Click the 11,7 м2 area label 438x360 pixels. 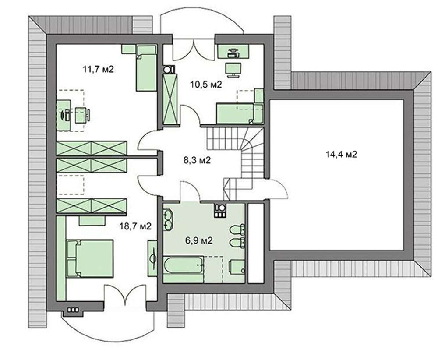[98, 69]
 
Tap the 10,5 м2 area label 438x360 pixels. [206, 84]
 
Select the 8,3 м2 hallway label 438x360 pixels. [197, 160]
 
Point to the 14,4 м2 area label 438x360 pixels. [341, 154]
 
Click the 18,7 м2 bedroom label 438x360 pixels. [135, 226]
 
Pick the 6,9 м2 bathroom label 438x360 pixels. [199, 240]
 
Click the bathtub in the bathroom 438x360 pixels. [184, 265]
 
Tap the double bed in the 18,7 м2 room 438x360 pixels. [90, 258]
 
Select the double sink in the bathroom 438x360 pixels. [168, 220]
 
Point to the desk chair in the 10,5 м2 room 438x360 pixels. [233, 70]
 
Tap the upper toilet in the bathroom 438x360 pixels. [237, 230]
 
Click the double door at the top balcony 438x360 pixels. [194, 50]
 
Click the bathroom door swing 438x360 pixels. [190, 191]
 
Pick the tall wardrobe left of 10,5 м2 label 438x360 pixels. [170, 99]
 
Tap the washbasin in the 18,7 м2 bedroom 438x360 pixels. [152, 258]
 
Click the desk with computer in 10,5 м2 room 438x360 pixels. [233, 52]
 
